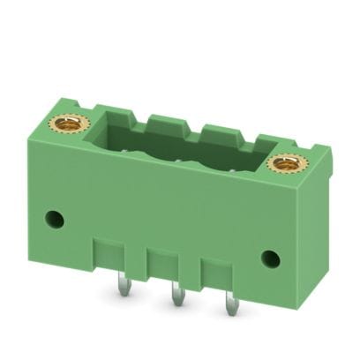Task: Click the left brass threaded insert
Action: [68, 124]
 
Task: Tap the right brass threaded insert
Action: [285, 162]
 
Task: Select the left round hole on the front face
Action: [57, 217]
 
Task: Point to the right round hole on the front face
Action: [271, 259]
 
